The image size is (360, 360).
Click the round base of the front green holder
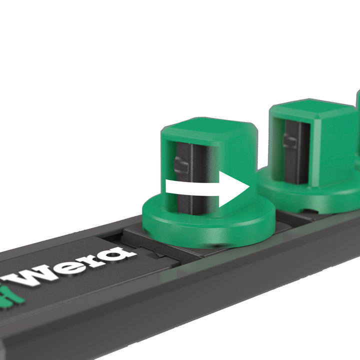point(210,227)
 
